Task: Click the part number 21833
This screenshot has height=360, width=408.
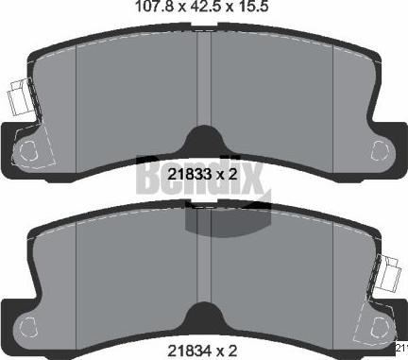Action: click(186, 174)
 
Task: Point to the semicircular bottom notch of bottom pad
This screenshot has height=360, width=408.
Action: click(204, 317)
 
